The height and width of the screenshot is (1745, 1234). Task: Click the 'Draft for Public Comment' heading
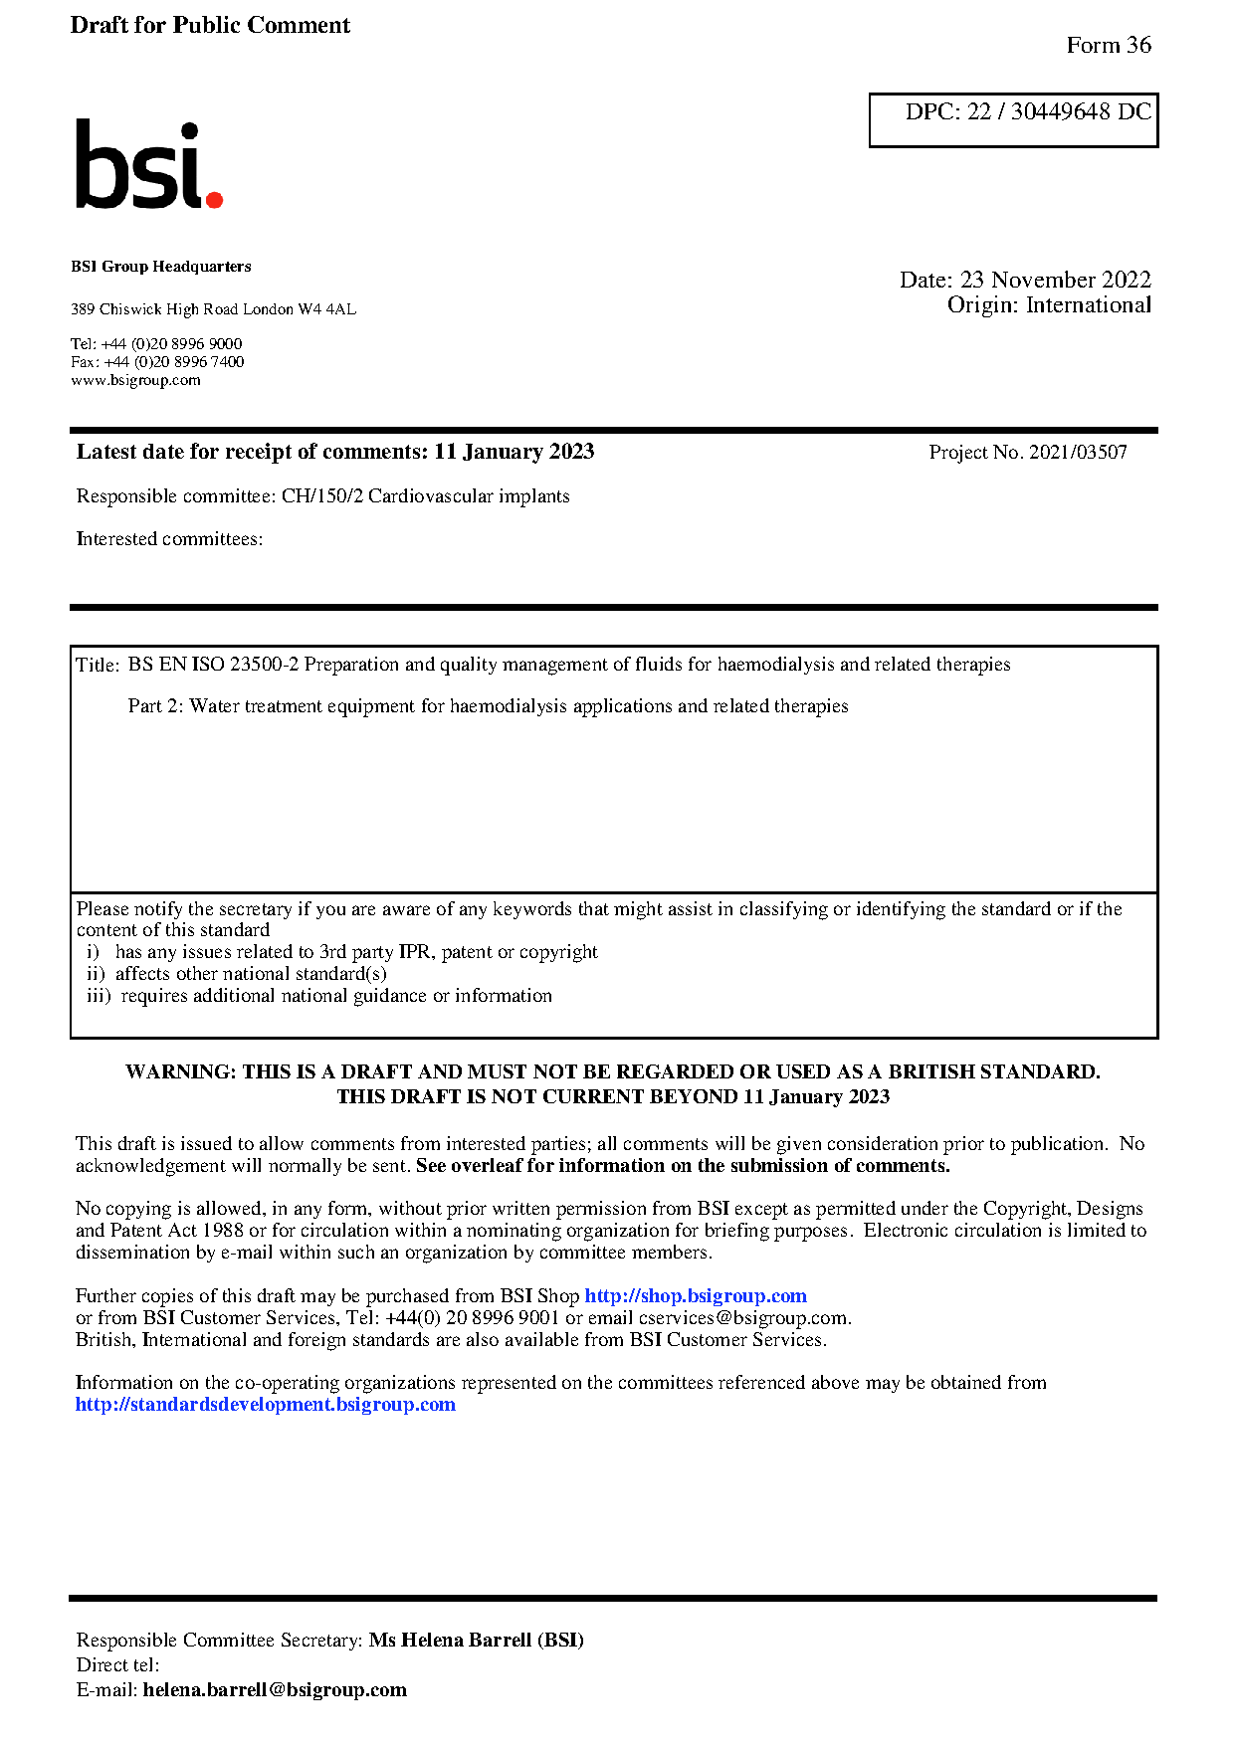coord(210,25)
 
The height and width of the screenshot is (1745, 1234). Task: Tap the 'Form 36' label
coord(1108,45)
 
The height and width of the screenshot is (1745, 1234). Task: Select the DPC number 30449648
coord(1060,111)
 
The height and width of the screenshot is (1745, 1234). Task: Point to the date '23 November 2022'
coord(1055,280)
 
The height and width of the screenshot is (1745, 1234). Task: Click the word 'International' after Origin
coord(1088,305)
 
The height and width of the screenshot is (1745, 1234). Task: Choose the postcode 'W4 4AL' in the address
coord(326,309)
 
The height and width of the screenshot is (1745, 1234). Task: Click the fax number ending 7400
coord(173,362)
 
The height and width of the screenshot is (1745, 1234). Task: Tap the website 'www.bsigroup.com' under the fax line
coord(135,380)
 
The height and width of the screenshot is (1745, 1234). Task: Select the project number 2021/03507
coord(1078,452)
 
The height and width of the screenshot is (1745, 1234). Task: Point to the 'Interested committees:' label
coord(170,538)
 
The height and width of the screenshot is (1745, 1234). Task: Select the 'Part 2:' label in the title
coord(155,706)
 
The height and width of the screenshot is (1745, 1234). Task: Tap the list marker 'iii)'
coord(99,996)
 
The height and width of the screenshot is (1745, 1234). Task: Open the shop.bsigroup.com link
coord(695,1295)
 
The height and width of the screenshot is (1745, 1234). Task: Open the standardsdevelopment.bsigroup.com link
coord(266,1404)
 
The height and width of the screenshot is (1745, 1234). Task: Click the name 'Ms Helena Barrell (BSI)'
coord(476,1640)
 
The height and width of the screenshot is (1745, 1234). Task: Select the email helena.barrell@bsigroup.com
coord(275,1689)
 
